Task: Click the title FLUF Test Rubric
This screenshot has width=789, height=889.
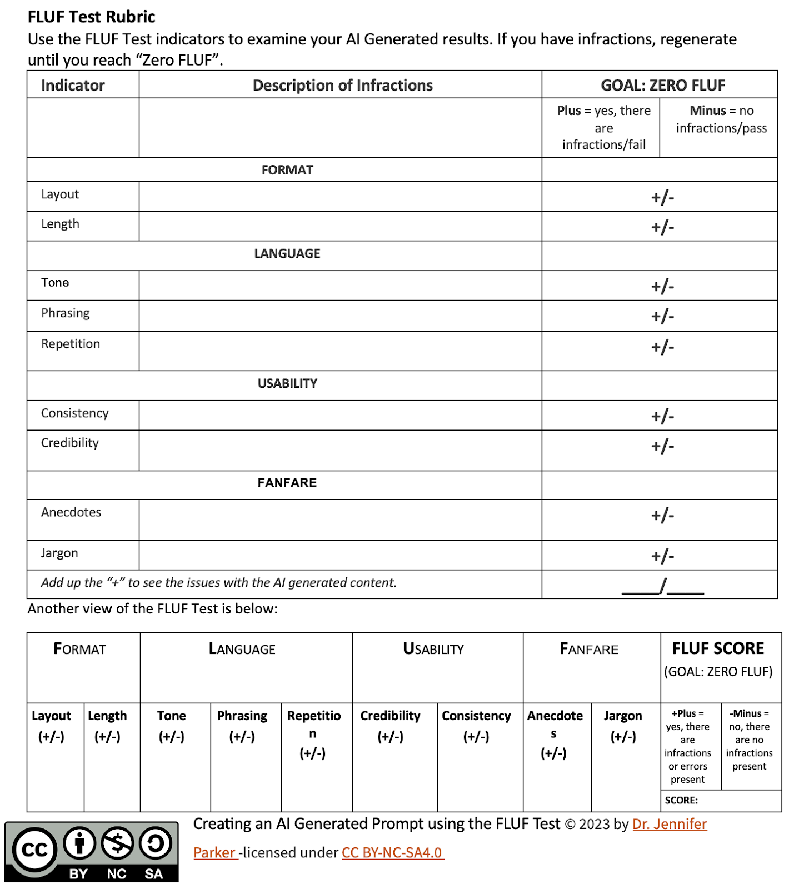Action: (x=92, y=17)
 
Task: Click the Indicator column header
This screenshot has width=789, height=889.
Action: (x=73, y=85)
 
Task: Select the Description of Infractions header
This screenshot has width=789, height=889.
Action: (x=342, y=85)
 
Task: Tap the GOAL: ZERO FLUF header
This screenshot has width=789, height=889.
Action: (x=662, y=85)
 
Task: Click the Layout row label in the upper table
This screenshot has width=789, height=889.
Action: (x=60, y=194)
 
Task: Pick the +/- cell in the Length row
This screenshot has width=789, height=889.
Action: (x=662, y=227)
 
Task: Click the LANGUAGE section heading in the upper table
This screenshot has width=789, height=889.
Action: (x=287, y=254)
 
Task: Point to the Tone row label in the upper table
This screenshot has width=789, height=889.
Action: (x=55, y=282)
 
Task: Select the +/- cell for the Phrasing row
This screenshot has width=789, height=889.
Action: (x=662, y=316)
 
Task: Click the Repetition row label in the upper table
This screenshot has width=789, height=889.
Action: (x=71, y=344)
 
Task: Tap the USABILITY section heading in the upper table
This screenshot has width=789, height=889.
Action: (x=287, y=383)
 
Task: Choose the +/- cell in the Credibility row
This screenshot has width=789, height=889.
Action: (x=662, y=446)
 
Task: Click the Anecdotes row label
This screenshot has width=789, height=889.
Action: (x=71, y=512)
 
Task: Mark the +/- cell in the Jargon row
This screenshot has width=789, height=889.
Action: (x=662, y=556)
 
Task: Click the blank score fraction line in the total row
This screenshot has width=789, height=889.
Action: (x=662, y=586)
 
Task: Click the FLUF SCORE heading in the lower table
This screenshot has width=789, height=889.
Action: (x=718, y=648)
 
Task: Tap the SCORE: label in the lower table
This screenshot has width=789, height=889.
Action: (x=681, y=800)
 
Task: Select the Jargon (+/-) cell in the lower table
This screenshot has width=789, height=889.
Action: (x=623, y=726)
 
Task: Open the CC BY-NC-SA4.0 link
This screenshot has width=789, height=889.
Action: (x=392, y=852)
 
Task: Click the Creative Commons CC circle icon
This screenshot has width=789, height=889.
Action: (x=34, y=850)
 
